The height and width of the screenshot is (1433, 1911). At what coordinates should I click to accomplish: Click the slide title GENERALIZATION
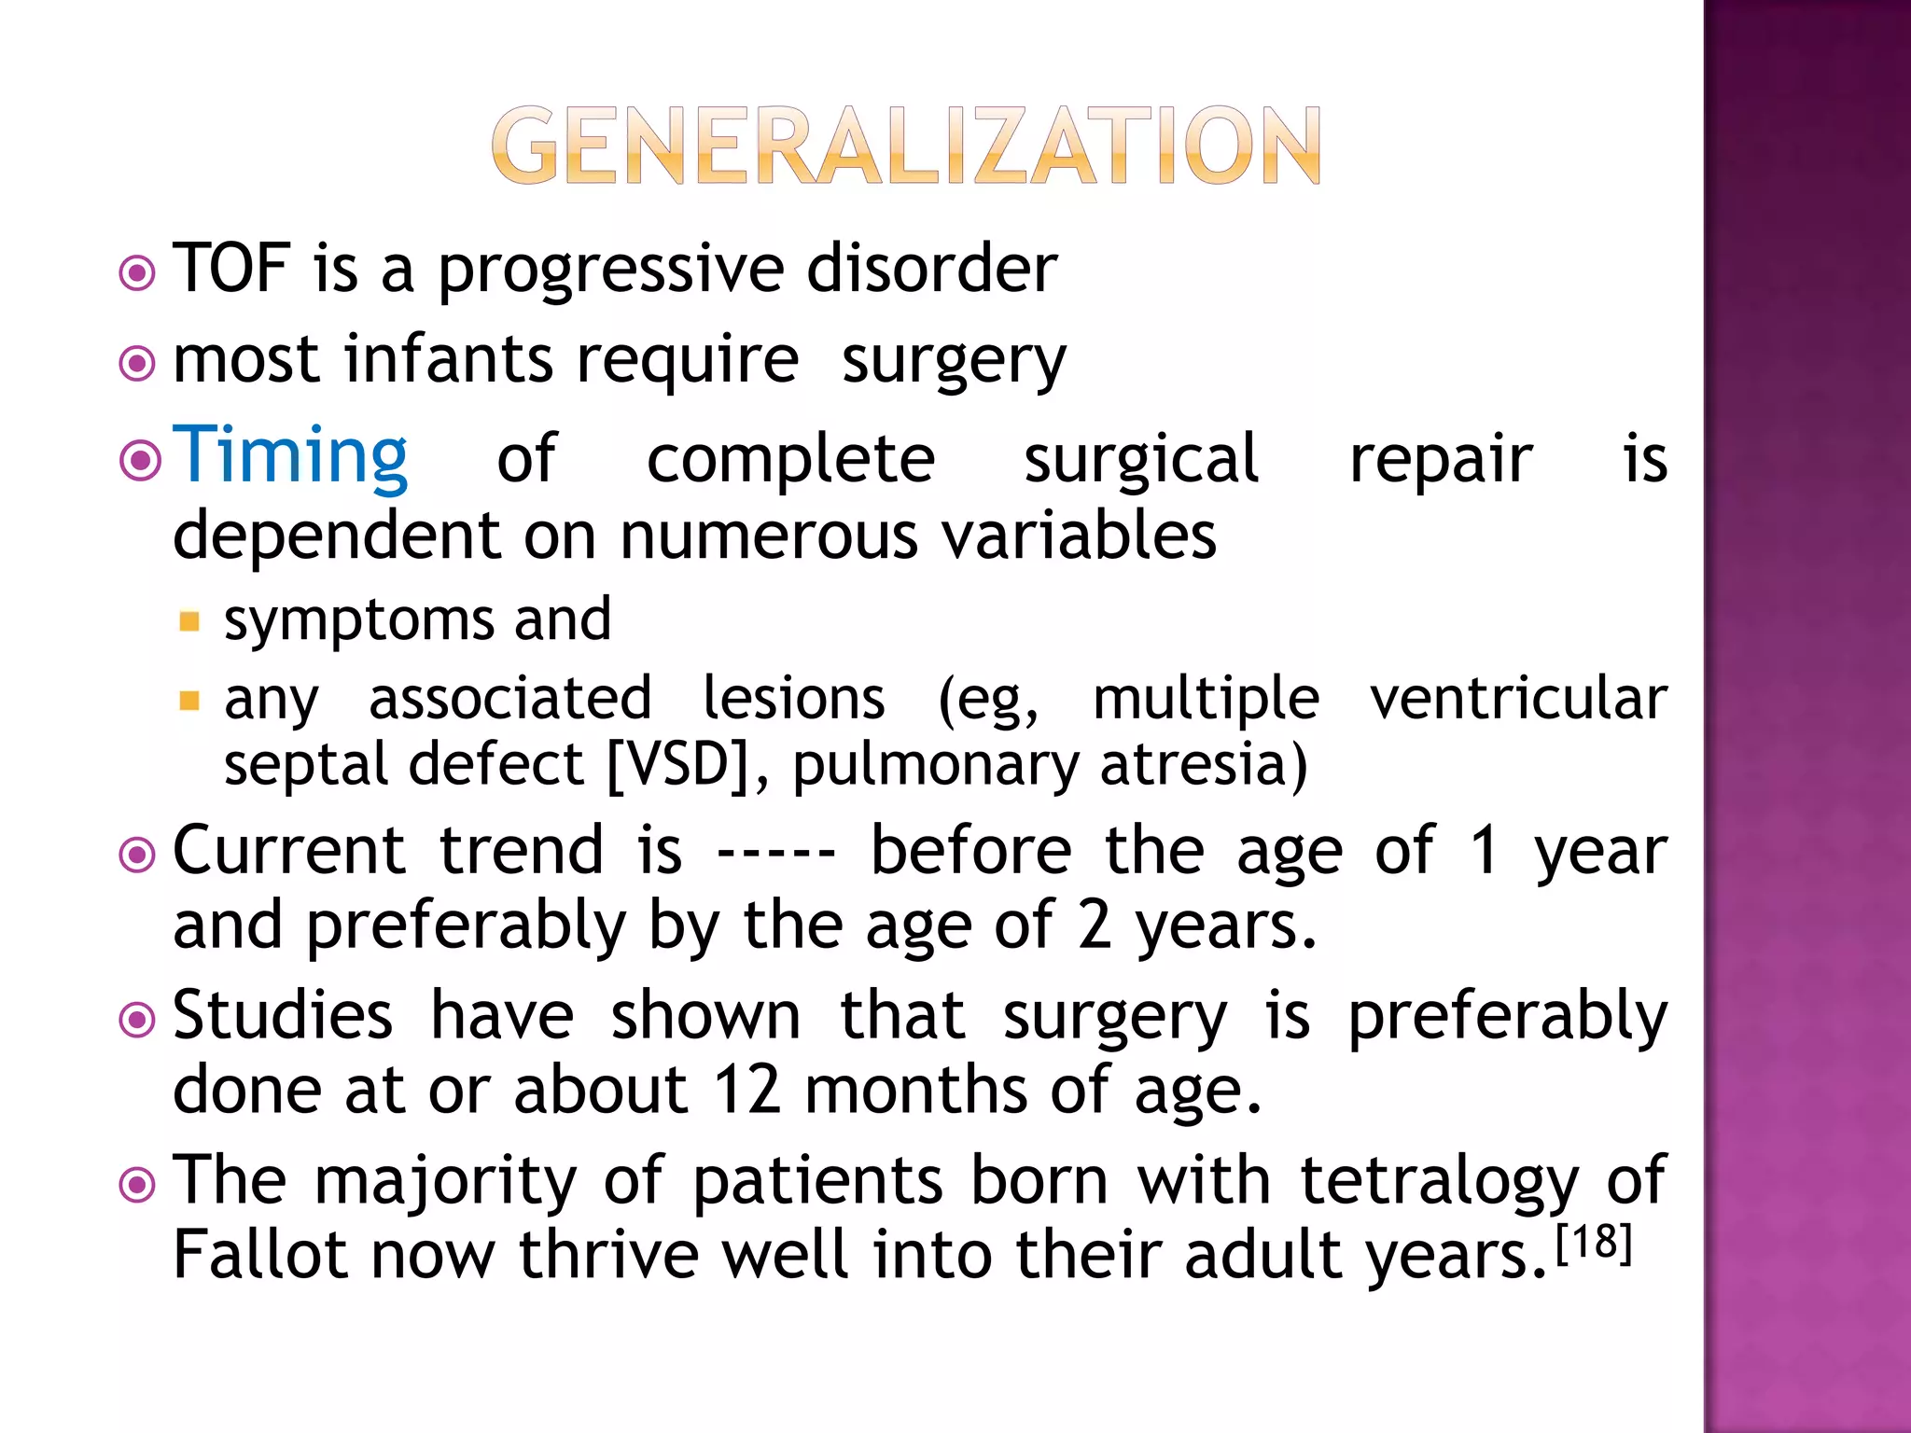click(x=905, y=146)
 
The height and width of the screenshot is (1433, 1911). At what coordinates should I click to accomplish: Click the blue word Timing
click(x=290, y=456)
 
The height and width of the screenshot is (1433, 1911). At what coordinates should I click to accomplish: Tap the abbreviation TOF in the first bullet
click(x=230, y=269)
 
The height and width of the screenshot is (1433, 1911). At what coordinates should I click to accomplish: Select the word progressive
click(x=611, y=271)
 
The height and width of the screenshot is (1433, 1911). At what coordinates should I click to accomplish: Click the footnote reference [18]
click(x=1594, y=1244)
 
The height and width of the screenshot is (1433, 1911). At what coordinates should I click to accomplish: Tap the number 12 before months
click(x=746, y=1090)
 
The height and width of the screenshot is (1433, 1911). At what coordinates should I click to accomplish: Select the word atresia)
click(x=1204, y=764)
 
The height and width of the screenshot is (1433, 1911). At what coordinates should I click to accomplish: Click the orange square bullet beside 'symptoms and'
click(x=189, y=621)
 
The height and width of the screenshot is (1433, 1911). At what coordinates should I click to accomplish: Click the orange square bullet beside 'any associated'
click(x=189, y=701)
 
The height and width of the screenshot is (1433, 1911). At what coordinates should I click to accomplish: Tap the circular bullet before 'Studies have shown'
click(x=138, y=1019)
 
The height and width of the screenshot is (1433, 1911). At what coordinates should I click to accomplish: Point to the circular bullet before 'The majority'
click(x=138, y=1185)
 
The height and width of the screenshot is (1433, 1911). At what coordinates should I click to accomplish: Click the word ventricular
click(x=1518, y=699)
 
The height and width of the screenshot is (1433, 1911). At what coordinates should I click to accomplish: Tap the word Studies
click(x=283, y=1016)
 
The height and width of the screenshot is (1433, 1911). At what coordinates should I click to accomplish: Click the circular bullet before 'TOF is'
click(x=138, y=273)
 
